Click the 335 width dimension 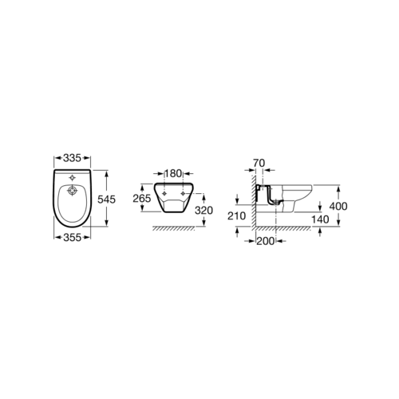[72, 158]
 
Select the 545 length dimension [106, 199]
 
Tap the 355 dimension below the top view [72, 238]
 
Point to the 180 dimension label [173, 174]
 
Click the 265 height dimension [142, 198]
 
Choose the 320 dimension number [203, 211]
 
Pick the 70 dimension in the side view [259, 163]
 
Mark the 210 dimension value [236, 216]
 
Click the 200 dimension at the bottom [265, 241]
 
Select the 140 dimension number [320, 219]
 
